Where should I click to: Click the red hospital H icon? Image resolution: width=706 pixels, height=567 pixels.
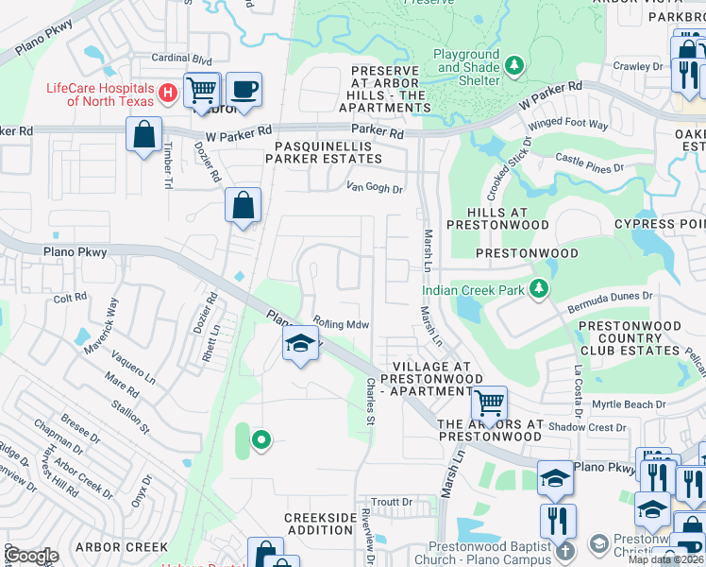tap(167, 93)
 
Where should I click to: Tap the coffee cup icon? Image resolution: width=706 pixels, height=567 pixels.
tap(244, 90)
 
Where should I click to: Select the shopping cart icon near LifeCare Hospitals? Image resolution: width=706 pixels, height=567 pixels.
tap(202, 90)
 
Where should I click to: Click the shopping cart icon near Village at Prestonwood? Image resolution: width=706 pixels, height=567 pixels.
tap(489, 404)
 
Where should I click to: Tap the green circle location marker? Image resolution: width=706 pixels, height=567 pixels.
tap(261, 439)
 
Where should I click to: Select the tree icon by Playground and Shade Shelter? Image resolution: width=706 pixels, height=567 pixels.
tap(514, 65)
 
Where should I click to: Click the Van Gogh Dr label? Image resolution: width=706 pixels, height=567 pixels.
tap(375, 188)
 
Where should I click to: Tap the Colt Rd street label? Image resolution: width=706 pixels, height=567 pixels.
tap(71, 299)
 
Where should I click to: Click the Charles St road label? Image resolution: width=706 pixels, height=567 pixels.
tap(371, 401)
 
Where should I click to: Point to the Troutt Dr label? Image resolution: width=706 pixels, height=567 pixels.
tap(393, 502)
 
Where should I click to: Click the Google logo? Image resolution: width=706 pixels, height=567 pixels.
tap(31, 556)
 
